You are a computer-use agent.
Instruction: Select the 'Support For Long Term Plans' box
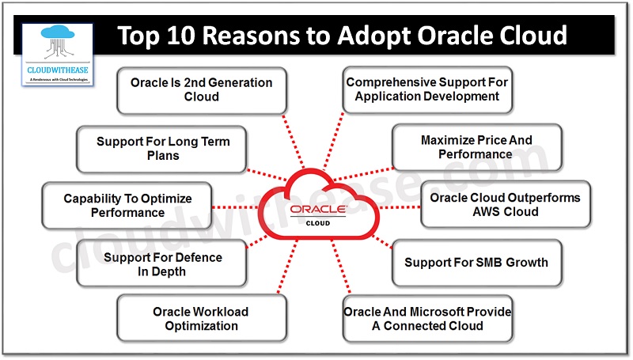tap(162, 148)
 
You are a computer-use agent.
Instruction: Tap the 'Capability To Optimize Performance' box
tap(127, 206)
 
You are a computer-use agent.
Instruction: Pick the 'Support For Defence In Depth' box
tap(162, 264)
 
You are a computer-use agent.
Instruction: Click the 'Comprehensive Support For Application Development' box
tap(427, 89)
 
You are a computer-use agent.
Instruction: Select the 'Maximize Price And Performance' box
tap(476, 146)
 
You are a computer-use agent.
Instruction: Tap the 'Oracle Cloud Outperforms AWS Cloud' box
tap(505, 204)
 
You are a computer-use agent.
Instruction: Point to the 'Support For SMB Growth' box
tap(476, 262)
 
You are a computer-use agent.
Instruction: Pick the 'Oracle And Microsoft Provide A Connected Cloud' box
tap(427, 318)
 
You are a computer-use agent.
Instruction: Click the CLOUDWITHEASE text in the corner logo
tap(57, 70)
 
